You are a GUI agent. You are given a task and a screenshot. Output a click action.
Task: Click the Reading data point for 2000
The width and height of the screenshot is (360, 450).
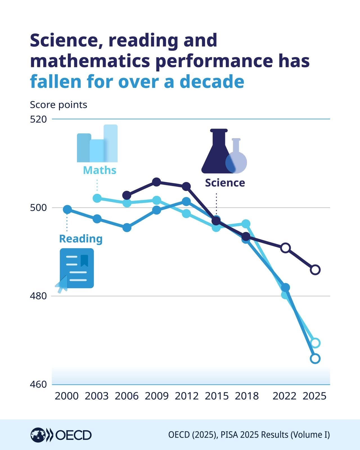[67, 209]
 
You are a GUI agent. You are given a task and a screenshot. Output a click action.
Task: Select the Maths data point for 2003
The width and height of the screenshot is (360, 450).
[97, 198]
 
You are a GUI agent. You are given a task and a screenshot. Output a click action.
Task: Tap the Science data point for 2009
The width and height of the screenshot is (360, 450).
[157, 182]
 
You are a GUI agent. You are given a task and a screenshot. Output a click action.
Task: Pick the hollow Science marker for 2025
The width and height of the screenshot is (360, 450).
[315, 270]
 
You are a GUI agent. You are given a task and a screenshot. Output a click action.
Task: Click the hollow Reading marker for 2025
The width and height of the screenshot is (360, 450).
[315, 359]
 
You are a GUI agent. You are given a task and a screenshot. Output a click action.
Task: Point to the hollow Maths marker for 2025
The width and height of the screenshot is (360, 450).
[315, 343]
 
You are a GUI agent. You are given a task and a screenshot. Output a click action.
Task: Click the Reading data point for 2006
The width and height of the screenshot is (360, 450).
[127, 227]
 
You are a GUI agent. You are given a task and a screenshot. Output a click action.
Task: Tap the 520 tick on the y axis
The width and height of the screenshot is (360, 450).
[38, 119]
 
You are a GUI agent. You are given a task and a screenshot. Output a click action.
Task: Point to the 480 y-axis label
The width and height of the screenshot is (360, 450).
[38, 296]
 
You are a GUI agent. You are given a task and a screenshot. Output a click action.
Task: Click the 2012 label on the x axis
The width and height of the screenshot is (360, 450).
[186, 396]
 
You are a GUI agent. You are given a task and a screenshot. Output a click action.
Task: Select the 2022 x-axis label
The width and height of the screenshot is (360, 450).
[284, 396]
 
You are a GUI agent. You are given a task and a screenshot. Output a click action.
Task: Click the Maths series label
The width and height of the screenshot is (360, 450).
[100, 170]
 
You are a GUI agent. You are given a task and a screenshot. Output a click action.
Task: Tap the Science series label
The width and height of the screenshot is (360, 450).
[225, 183]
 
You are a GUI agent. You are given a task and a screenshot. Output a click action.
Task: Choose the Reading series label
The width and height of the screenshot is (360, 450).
[81, 239]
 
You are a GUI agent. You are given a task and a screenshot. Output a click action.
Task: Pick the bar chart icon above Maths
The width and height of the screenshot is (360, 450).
[97, 144]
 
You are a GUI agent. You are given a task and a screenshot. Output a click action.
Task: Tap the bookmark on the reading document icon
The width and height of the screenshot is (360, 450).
[84, 260]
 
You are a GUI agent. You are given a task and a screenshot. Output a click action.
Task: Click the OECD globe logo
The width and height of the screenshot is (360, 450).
[38, 435]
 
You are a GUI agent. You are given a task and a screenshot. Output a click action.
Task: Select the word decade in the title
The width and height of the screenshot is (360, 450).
[212, 82]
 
